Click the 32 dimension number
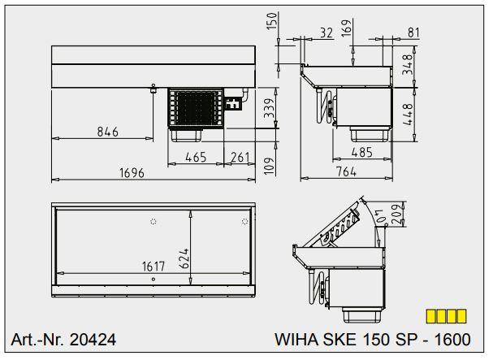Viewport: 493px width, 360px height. [x=327, y=33]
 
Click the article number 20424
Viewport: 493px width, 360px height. [x=64, y=340]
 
